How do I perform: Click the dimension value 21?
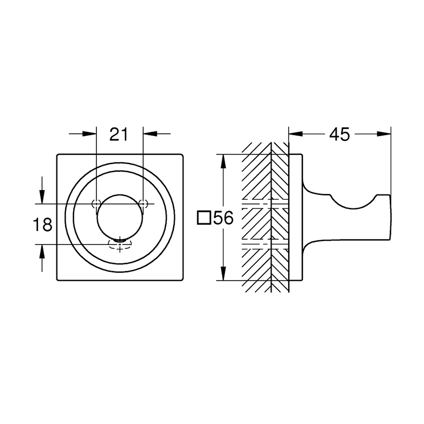[119, 134]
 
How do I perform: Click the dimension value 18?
[42, 225]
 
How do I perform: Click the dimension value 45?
[340, 134]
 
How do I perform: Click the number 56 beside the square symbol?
[223, 218]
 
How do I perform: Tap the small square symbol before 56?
[204, 218]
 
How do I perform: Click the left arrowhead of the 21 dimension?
[89, 134]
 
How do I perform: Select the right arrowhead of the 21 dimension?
[150, 134]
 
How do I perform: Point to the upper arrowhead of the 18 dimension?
[42, 197]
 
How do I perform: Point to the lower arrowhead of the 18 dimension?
[42, 251]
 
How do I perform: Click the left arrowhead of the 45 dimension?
[296, 134]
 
